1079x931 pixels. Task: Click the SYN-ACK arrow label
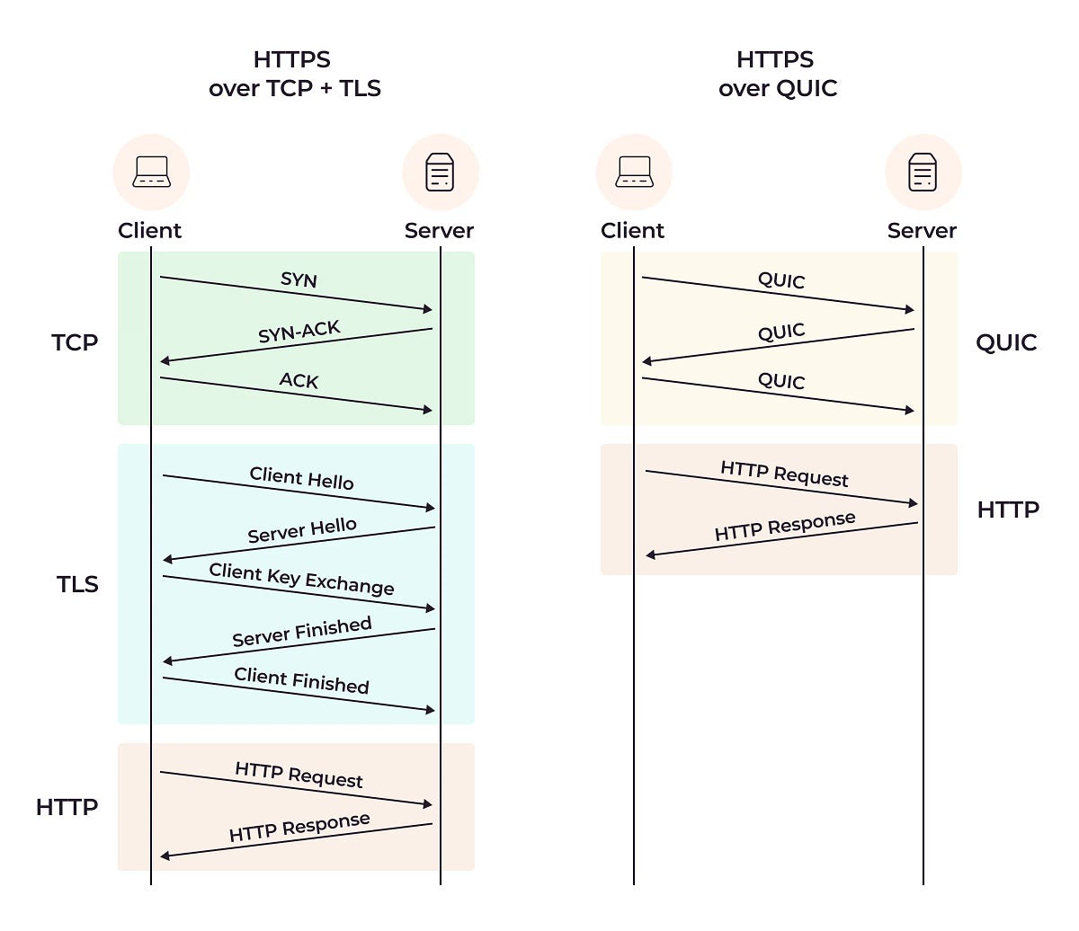pyautogui.click(x=299, y=332)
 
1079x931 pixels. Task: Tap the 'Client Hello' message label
pyautogui.click(x=301, y=478)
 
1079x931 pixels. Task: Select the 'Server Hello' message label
pyautogui.click(x=302, y=530)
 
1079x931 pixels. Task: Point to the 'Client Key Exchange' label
pyautogui.click(x=301, y=580)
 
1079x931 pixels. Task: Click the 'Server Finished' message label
pyautogui.click(x=301, y=632)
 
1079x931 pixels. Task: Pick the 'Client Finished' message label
pyautogui.click(x=301, y=680)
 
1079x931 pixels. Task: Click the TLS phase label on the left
pyautogui.click(x=77, y=584)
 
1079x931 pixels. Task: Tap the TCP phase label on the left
pyautogui.click(x=75, y=342)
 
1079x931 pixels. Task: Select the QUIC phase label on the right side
pyautogui.click(x=1006, y=342)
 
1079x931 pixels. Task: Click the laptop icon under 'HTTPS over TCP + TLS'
pyautogui.click(x=151, y=172)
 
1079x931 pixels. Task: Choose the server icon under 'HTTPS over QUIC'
pyautogui.click(x=923, y=172)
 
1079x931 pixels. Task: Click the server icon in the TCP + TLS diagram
pyautogui.click(x=440, y=172)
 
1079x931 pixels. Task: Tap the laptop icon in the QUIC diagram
pyautogui.click(x=634, y=172)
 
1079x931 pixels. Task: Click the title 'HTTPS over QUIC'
pyautogui.click(x=777, y=74)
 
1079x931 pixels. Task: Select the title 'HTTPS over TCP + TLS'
pyautogui.click(x=294, y=74)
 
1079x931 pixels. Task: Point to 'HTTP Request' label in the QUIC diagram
pyautogui.click(x=784, y=474)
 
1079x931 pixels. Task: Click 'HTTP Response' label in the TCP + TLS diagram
pyautogui.click(x=299, y=827)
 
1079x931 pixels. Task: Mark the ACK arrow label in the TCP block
pyautogui.click(x=299, y=381)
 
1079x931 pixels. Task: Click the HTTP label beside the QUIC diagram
pyautogui.click(x=1008, y=510)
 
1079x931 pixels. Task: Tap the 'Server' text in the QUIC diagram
pyautogui.click(x=922, y=231)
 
